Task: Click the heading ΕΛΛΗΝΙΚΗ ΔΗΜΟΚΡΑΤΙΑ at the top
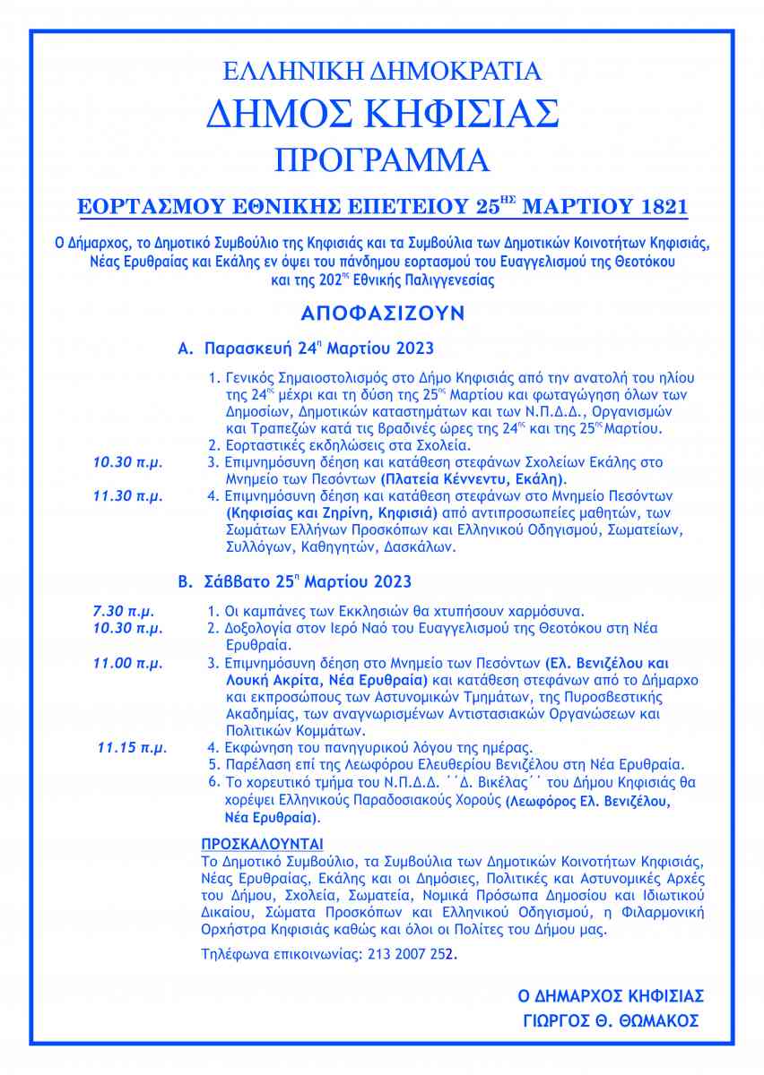382,70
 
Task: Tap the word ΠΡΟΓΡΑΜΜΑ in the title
382,159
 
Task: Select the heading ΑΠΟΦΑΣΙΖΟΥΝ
382,315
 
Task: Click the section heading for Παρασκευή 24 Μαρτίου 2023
306,347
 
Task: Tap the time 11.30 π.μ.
128,494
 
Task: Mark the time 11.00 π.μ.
128,664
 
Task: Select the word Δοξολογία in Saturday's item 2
254,628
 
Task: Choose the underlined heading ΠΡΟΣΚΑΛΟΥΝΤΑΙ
262,844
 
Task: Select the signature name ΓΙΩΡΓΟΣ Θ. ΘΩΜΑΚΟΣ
611,1021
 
